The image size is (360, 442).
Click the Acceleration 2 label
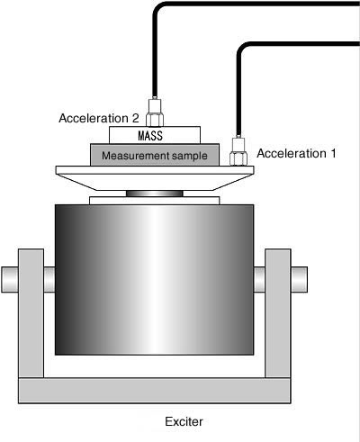click(99, 118)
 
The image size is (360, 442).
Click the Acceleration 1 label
click(296, 153)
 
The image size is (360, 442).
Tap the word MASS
click(150, 136)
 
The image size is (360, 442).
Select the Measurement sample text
click(155, 156)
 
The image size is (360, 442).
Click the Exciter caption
click(184, 421)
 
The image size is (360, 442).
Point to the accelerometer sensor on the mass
click(155, 112)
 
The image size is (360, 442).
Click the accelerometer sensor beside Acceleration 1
click(238, 150)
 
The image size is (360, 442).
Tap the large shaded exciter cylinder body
click(155, 280)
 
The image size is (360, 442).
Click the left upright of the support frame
click(31, 313)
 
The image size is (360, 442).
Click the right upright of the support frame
click(278, 313)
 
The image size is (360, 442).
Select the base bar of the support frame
click(155, 391)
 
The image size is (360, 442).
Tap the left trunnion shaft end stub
click(10, 279)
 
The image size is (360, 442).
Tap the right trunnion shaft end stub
click(299, 279)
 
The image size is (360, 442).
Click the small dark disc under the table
click(155, 194)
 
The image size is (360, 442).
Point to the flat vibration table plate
click(155, 170)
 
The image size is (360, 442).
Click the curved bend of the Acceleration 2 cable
click(158, 8)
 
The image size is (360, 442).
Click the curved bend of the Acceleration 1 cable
click(242, 49)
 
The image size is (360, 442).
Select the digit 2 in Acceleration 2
click(136, 118)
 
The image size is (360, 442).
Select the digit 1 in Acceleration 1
click(333, 153)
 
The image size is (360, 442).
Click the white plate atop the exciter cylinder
click(155, 201)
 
